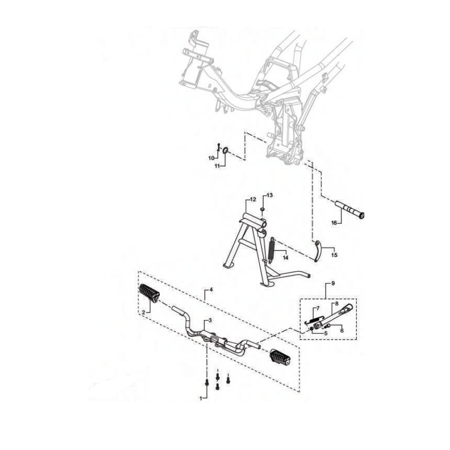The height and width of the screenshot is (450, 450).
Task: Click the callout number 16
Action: point(334,222)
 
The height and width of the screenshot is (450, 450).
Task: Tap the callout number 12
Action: point(253,200)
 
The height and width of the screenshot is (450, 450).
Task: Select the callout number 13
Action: point(270,195)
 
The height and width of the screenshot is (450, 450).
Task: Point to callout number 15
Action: point(334,255)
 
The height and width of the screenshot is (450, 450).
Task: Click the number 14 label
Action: point(285,258)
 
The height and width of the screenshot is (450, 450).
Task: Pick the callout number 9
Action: point(333,283)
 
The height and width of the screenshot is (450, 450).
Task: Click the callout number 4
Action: point(211,290)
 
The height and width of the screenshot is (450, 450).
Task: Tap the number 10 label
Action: point(211,158)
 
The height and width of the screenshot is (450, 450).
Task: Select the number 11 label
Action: point(217,166)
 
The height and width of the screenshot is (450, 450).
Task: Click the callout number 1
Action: point(201,398)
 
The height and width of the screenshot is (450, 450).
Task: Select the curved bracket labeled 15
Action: point(317,251)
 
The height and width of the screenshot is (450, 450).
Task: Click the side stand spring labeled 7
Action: point(314,320)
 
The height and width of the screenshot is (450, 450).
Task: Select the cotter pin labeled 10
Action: point(218,147)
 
